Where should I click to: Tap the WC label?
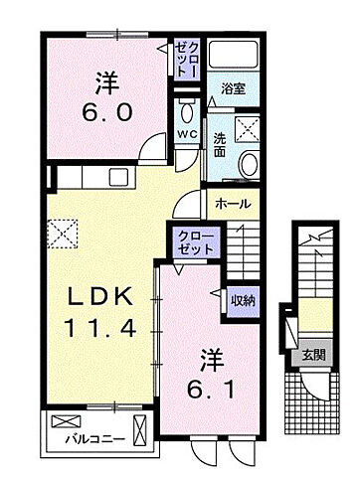click(187, 134)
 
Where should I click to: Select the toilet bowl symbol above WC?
click(186, 106)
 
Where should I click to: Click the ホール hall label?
click(235, 204)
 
